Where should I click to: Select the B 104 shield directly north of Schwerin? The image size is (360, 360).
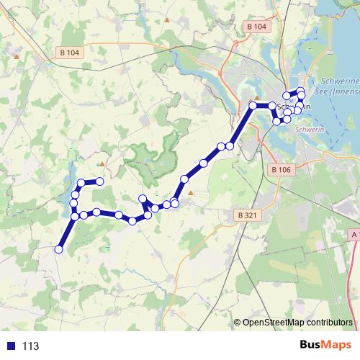pyautogui.click(x=256, y=27)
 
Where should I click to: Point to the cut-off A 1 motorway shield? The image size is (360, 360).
pyautogui.click(x=355, y=235)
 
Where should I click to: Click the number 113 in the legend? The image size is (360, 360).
pyautogui.click(x=30, y=346)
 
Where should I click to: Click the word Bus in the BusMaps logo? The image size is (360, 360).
pyautogui.click(x=311, y=346)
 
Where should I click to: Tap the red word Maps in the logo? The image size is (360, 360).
pyautogui.click(x=337, y=346)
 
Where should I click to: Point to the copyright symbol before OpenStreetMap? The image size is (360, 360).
pyautogui.click(x=238, y=323)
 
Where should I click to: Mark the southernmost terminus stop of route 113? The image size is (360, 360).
pyautogui.click(x=59, y=249)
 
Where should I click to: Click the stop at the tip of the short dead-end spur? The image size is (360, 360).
pyautogui.click(x=143, y=198)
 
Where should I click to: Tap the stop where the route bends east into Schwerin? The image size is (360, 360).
pyautogui.click(x=253, y=106)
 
